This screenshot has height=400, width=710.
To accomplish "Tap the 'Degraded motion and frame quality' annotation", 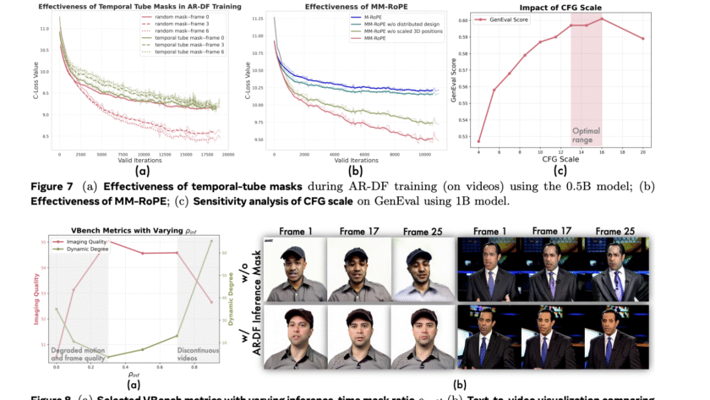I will tap(80, 355).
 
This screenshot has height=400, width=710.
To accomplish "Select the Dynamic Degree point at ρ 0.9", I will tap(211, 242).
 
